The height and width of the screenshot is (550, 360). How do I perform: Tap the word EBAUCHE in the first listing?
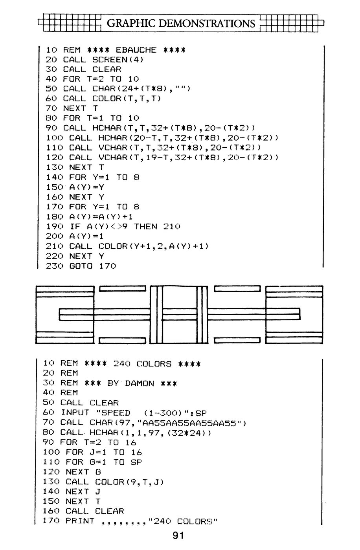pos(136,50)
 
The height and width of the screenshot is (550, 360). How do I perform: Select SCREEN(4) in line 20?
pos(118,60)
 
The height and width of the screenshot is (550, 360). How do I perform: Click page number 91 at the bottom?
pos(178,535)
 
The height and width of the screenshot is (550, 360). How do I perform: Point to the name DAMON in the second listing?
pos(139,383)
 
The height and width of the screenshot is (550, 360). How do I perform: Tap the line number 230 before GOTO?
pos(54,266)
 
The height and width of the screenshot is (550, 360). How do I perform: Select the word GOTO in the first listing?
pos(81,266)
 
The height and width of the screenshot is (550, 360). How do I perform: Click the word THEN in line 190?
pos(145,226)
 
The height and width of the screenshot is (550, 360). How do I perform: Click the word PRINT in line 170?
pos(80,521)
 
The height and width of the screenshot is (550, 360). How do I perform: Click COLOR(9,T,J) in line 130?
pos(129,482)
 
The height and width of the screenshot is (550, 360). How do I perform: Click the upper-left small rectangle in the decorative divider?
pos(122,289)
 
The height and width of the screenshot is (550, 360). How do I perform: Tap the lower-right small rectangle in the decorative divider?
pos(237,340)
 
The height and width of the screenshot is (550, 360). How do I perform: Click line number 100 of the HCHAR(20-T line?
pos(54,138)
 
